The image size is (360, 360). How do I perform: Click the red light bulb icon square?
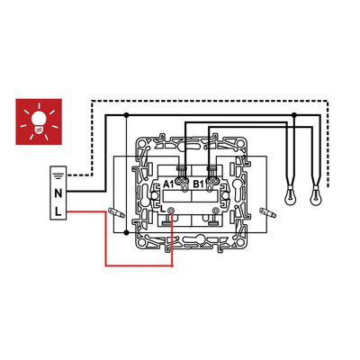[x=39, y=121]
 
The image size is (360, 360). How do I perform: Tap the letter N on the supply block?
[x=58, y=193]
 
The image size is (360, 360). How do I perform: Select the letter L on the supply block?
[x=58, y=211]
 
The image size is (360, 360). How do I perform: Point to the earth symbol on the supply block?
[x=58, y=175]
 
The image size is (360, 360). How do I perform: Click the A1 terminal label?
[x=168, y=184]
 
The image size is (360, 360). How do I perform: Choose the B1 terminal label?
[x=198, y=184]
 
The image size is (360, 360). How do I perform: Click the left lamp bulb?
[x=291, y=196]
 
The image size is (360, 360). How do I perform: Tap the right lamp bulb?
[x=316, y=196]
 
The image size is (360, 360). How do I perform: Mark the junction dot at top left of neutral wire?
[x=126, y=115]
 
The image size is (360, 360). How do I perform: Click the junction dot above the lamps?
[x=294, y=115]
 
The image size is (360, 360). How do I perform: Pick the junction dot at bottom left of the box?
[x=126, y=232]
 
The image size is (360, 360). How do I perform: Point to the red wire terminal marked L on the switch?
[x=171, y=211]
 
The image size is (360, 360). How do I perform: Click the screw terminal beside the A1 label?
[x=183, y=181]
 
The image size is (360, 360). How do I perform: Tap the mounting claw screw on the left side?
[x=117, y=212]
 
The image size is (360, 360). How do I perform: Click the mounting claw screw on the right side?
[x=267, y=212]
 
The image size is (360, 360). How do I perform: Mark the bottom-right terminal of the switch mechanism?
[x=215, y=211]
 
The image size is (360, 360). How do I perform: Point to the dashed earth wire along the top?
[x=210, y=101]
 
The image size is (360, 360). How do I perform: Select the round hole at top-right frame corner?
[x=239, y=143]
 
